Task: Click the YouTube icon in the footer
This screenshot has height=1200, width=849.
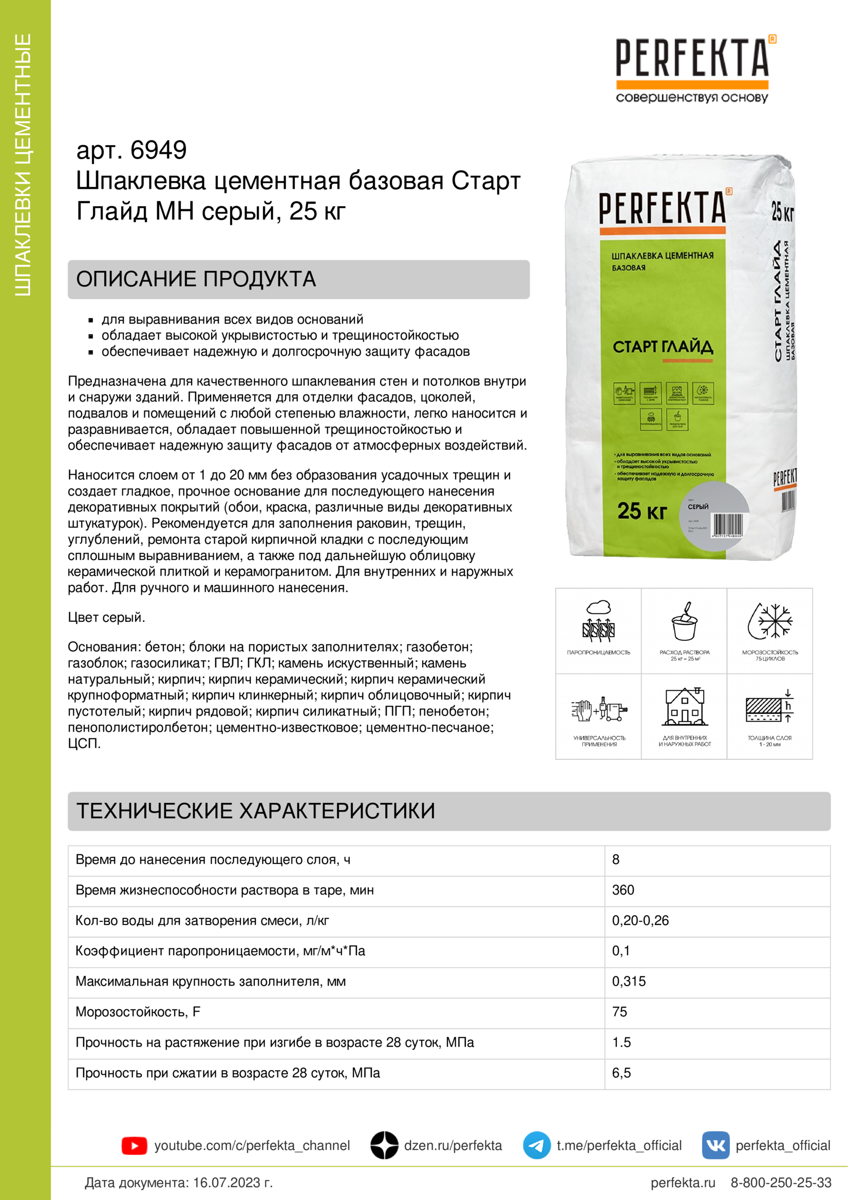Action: coord(134,1146)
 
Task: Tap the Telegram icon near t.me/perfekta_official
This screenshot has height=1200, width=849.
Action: coord(536,1145)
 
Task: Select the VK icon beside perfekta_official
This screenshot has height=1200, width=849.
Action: coord(715,1145)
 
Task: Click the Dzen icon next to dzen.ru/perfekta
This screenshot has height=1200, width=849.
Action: coord(384,1145)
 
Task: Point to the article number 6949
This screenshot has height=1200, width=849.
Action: coord(158,150)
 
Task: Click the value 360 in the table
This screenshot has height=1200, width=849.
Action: coord(622,890)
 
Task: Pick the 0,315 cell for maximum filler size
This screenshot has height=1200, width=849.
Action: coord(628,981)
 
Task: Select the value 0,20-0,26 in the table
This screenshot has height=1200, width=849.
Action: coord(640,920)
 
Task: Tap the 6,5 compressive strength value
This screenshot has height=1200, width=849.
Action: coord(621,1072)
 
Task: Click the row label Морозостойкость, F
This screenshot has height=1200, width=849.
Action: coord(138,1012)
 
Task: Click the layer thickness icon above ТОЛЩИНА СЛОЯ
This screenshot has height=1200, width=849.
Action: coord(769,706)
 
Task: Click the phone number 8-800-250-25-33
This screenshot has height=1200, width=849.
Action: coord(781,1183)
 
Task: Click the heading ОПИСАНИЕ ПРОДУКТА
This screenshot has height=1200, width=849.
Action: coord(196,279)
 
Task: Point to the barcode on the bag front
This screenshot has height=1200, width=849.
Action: coord(727,524)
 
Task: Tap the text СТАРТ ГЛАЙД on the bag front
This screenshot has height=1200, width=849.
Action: coord(662,347)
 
